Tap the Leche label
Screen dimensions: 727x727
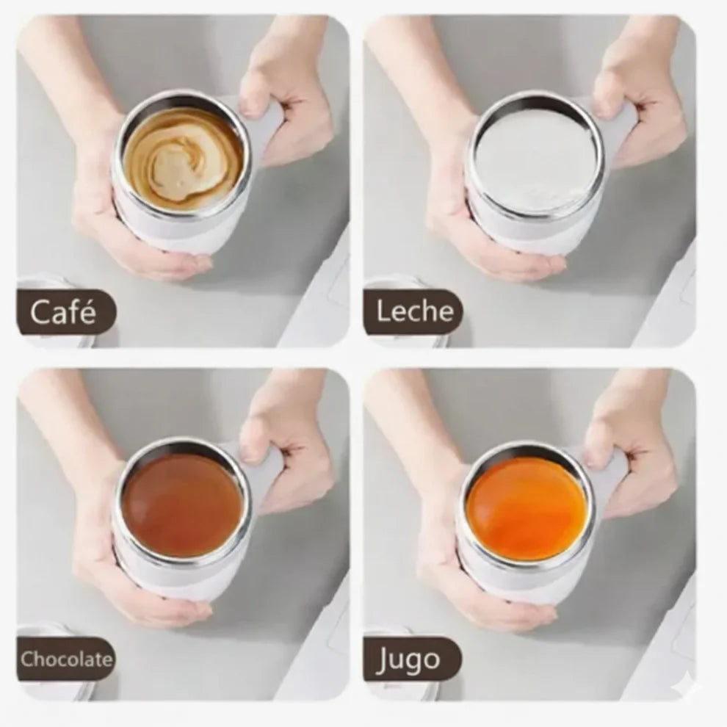(413, 311)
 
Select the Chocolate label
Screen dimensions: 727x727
(65, 659)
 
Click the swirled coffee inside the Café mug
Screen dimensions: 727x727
(182, 156)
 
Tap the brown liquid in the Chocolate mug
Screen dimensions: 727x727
(183, 503)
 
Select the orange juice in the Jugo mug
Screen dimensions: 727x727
(527, 502)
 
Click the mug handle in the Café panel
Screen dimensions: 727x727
(266, 130)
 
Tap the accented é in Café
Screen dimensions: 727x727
(88, 311)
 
